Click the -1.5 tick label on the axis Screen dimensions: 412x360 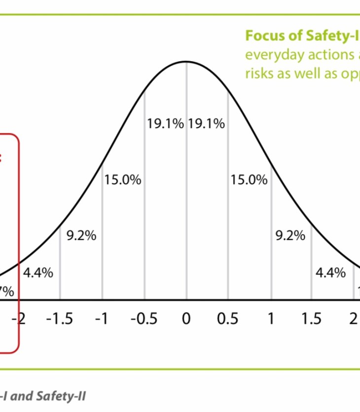point(59,319)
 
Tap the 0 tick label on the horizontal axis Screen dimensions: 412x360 point(186,319)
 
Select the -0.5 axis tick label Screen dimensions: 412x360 point(144,319)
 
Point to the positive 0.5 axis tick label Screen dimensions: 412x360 point(227,319)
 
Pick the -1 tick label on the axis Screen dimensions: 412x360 point(102,319)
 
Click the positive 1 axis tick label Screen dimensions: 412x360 point(270,319)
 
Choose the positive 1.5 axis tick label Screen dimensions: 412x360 point(311,319)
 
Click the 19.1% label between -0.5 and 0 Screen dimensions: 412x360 point(165,124)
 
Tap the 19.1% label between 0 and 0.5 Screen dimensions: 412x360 point(206,124)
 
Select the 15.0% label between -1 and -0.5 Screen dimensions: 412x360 point(123,180)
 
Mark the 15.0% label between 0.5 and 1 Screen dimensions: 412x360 point(249,180)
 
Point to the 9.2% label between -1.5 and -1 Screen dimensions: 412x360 point(81,236)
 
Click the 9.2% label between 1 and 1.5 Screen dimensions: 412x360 point(290,236)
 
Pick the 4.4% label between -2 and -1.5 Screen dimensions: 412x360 point(38,273)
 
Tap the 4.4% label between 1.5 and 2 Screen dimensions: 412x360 point(331,273)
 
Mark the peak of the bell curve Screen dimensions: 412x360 point(186,62)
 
